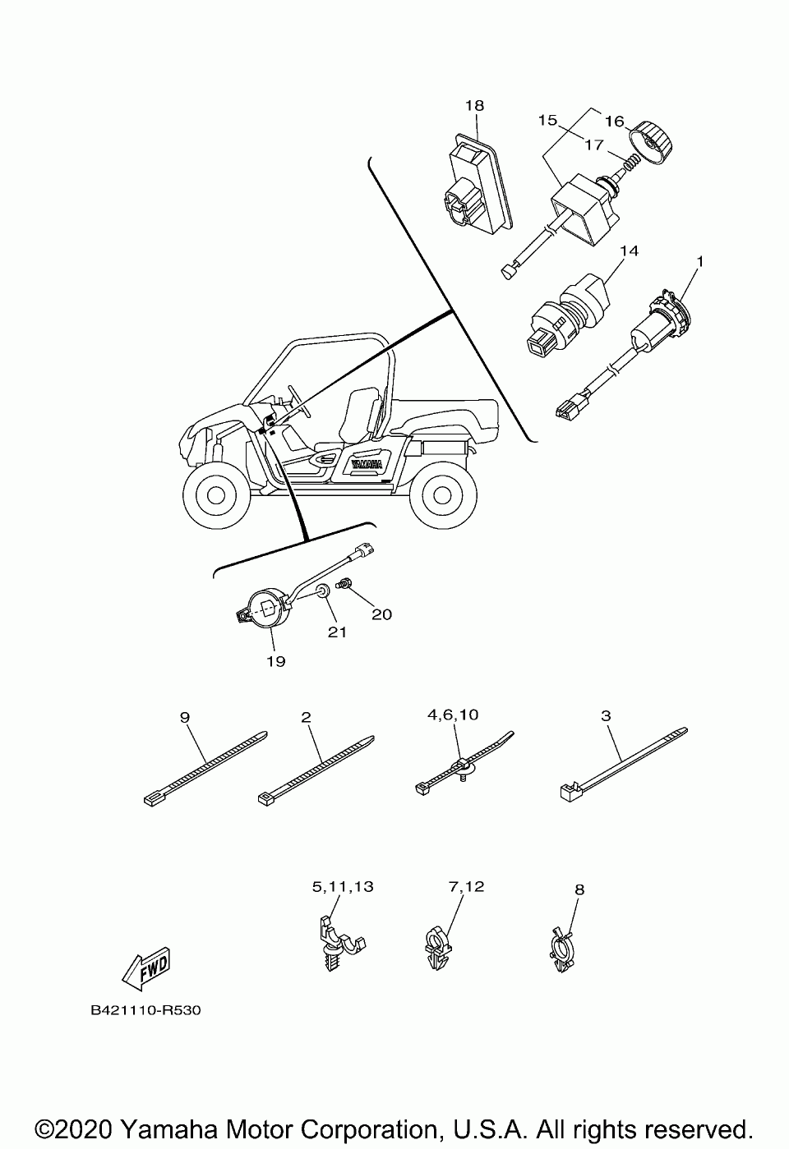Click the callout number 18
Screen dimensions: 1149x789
coord(474,106)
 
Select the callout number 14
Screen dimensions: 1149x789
coord(630,250)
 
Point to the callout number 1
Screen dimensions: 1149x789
coord(699,262)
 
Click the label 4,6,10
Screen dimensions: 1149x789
coord(452,715)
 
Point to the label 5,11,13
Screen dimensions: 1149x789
coord(342,886)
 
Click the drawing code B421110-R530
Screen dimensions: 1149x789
coord(146,1010)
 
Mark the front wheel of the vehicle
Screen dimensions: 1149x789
coord(215,495)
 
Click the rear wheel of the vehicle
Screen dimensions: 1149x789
coord(441,496)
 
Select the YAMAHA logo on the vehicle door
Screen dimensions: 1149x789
coord(366,464)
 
